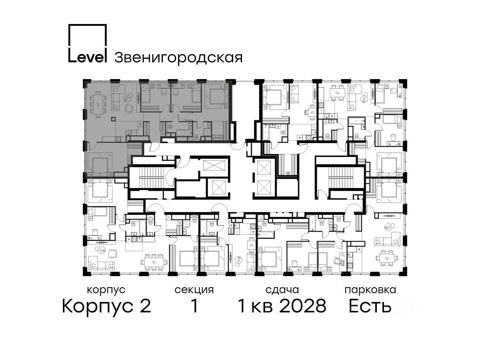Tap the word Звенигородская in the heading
(178, 58)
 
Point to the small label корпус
(106, 290)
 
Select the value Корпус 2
(106, 306)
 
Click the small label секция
(194, 290)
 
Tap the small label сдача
(282, 290)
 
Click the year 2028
(303, 306)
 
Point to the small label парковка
(370, 290)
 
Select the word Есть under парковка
(370, 306)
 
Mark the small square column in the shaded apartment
(113, 119)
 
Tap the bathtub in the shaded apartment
(184, 132)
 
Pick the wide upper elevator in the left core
(214, 165)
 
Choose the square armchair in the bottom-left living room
(113, 254)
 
